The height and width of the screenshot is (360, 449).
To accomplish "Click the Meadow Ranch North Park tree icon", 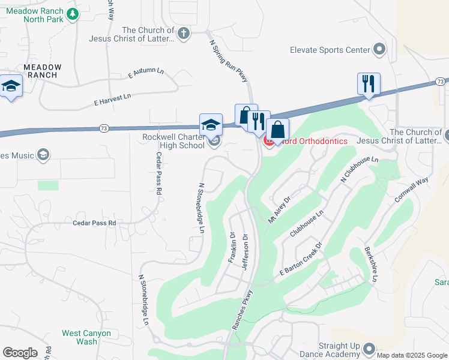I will pos(73,13).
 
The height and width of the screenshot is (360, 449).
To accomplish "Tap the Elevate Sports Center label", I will pos(329,50).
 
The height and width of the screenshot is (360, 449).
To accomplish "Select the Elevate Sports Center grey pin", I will pos(379,49).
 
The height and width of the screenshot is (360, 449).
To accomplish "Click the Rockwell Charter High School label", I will pos(173,141).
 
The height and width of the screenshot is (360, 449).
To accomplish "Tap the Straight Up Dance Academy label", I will pos(332,350).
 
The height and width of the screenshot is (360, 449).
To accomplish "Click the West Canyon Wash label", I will pos(86,337).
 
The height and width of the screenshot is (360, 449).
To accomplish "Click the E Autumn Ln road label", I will pos(146,73).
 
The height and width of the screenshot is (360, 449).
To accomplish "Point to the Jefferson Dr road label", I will pos(245,251).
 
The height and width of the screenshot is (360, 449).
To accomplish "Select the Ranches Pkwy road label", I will pos(243,310).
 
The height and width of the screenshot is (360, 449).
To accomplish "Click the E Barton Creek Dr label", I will pos(301,259).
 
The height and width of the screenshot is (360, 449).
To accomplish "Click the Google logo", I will pos(20,352).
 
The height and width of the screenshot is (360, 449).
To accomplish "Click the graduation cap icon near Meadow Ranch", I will pos(10,86).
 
